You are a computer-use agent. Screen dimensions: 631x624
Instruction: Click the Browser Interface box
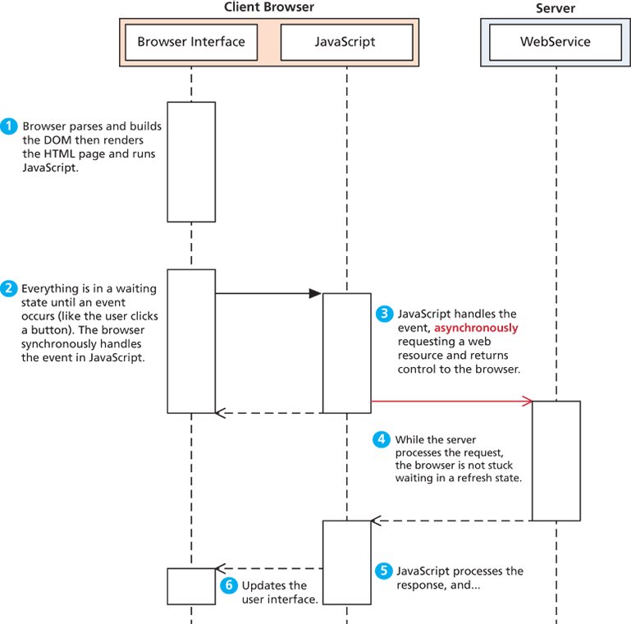coord(191,42)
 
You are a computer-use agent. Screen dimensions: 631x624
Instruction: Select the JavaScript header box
coord(346,42)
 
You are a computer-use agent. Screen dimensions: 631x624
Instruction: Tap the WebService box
coord(556,42)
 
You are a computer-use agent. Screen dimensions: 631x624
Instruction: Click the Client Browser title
coord(269,7)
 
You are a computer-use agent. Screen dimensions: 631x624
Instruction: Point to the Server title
coord(556,8)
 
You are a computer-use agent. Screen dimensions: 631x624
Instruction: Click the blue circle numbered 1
coord(9,126)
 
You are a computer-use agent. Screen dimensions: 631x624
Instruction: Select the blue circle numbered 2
coord(9,289)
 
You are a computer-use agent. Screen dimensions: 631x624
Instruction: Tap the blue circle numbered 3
coord(384,314)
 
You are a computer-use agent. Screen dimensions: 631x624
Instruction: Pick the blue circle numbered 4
coord(382,439)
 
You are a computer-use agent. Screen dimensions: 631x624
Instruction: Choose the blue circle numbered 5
coord(384,571)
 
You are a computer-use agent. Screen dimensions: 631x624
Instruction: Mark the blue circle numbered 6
coord(229,585)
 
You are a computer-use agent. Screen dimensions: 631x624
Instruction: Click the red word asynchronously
coord(476,328)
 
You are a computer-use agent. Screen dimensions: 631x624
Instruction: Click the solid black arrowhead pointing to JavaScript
coord(315,293)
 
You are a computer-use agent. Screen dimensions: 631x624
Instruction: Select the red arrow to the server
coord(451,401)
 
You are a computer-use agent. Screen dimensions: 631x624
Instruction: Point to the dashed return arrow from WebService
coord(451,521)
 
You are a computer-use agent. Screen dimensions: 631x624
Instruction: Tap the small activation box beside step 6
coord(191,586)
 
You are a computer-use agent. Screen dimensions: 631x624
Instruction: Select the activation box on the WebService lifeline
coord(556,461)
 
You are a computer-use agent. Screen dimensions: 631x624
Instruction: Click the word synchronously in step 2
coord(81,344)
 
